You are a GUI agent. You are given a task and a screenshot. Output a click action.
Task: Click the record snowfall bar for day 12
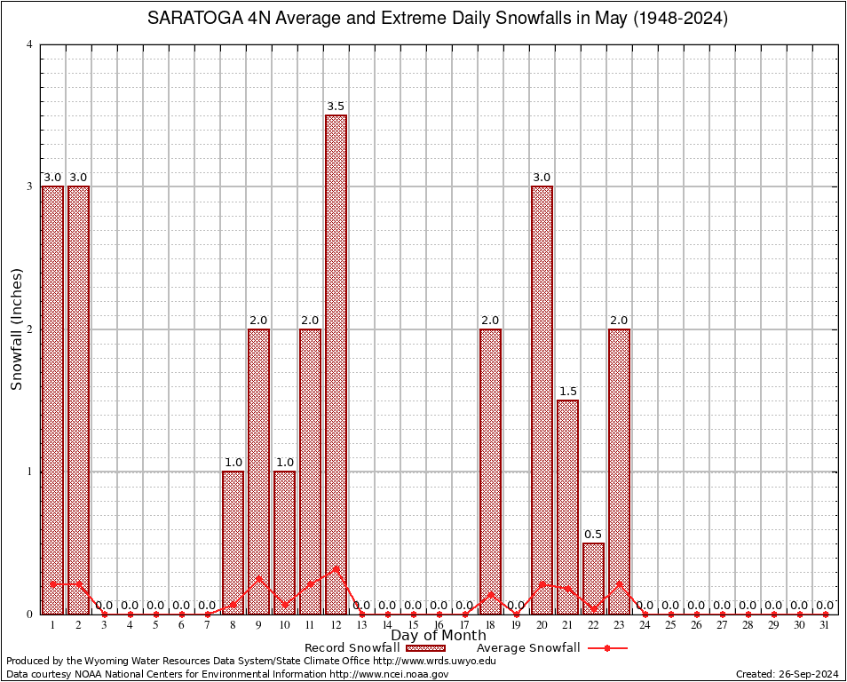pyautogui.click(x=336, y=364)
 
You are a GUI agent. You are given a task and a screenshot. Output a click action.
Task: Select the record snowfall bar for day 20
pyautogui.click(x=542, y=400)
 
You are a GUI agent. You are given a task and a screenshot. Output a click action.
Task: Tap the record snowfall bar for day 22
pyautogui.click(x=593, y=578)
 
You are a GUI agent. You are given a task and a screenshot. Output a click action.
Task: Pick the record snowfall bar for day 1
pyautogui.click(x=53, y=400)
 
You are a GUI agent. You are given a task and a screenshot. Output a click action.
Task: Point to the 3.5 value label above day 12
pyautogui.click(x=336, y=107)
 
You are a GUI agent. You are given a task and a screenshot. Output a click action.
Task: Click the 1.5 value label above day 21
pyautogui.click(x=567, y=392)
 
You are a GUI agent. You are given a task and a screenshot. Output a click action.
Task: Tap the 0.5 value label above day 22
pyautogui.click(x=593, y=534)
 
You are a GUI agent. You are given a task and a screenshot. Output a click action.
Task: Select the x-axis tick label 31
pyautogui.click(x=825, y=625)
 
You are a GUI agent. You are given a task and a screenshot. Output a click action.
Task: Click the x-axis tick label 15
pyautogui.click(x=413, y=625)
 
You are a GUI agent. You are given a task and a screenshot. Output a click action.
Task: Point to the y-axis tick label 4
pyautogui.click(x=29, y=44)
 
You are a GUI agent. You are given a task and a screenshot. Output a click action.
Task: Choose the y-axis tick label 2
pyautogui.click(x=29, y=329)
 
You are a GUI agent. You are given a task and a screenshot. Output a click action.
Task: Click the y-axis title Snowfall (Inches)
pyautogui.click(x=17, y=329)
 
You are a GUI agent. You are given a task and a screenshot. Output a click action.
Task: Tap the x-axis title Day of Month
pyautogui.click(x=439, y=636)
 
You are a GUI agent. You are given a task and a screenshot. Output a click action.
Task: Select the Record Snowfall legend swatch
pyautogui.click(x=418, y=648)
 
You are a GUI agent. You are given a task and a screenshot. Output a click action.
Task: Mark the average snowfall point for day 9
pyautogui.click(x=258, y=578)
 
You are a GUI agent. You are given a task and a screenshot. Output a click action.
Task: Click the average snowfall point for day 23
pyautogui.click(x=619, y=583)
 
